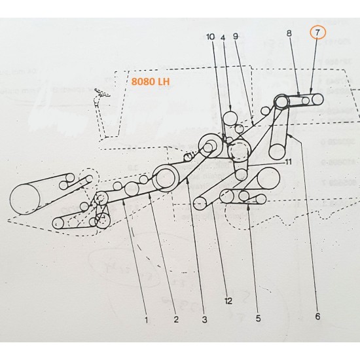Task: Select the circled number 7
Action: click(317, 31)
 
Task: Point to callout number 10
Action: click(210, 37)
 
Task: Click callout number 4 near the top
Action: click(223, 37)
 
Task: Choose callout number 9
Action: click(236, 37)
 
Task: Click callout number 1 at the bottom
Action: click(147, 320)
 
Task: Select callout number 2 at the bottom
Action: click(175, 320)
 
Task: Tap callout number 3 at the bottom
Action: click(204, 320)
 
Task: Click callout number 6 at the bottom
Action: click(317, 317)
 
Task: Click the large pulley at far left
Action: click(26, 198)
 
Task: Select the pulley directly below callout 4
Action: click(230, 118)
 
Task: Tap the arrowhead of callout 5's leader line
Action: click(249, 204)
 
